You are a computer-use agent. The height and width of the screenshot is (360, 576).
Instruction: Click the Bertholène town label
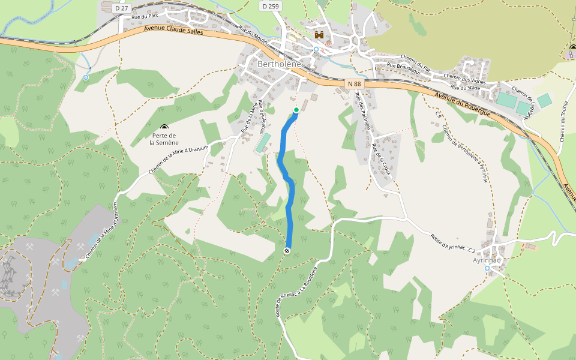click(x=279, y=64)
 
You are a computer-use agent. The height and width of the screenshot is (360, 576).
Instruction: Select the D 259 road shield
click(x=271, y=6)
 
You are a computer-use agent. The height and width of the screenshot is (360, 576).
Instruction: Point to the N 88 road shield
click(x=353, y=85)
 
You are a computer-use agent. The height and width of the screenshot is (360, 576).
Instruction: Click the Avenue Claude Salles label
click(x=173, y=30)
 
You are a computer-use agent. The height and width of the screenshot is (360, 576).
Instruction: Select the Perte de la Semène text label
click(x=164, y=139)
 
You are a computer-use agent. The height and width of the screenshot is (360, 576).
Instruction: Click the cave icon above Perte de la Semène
click(x=164, y=127)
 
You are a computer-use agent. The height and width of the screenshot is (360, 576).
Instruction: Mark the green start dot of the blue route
click(x=296, y=110)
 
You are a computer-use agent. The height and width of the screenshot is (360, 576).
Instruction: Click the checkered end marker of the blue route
click(x=287, y=250)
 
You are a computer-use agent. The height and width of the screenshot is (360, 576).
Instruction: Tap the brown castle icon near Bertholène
click(x=319, y=35)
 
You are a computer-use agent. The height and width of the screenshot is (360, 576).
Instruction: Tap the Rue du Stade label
click(x=466, y=88)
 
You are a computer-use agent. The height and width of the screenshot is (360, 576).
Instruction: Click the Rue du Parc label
click(x=143, y=17)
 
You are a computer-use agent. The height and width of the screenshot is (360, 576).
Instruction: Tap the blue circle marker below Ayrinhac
click(x=487, y=268)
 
